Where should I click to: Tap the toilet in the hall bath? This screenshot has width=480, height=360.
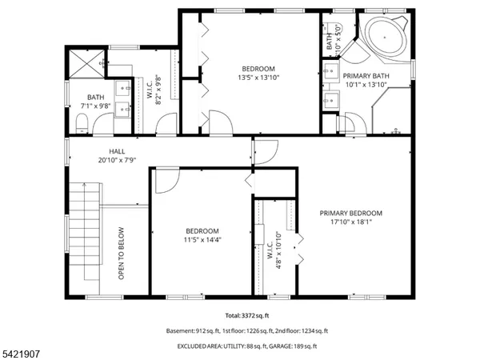82,122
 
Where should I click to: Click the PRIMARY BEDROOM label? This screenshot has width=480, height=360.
351,213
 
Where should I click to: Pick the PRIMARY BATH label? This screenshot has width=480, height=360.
366,76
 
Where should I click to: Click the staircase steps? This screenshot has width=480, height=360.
83,232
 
